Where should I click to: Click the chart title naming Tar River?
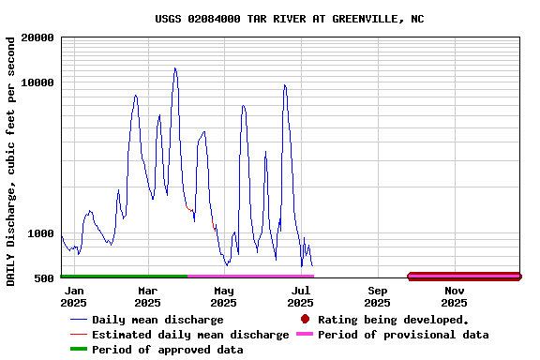(x=289, y=19)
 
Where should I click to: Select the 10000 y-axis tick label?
(x=37, y=82)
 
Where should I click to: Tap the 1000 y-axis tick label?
(x=41, y=233)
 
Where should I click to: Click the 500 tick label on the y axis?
(x=44, y=277)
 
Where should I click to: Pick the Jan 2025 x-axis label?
(x=73, y=296)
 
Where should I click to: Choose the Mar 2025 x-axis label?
(x=147, y=296)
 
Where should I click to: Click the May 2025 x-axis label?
(x=223, y=296)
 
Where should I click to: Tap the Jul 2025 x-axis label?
(x=300, y=296)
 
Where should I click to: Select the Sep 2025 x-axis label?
(x=377, y=296)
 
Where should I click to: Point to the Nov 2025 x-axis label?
(x=454, y=296)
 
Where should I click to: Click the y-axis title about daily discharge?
(x=10, y=161)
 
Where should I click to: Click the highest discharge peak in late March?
(x=174, y=68)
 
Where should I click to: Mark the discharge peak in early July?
(x=284, y=85)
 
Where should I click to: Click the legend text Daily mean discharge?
(x=157, y=320)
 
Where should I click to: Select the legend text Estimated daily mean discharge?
(x=190, y=335)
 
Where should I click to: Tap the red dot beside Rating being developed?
(x=305, y=320)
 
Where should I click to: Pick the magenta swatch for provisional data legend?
(x=305, y=335)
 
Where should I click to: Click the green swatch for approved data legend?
(x=79, y=350)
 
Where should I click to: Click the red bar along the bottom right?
(x=464, y=275)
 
